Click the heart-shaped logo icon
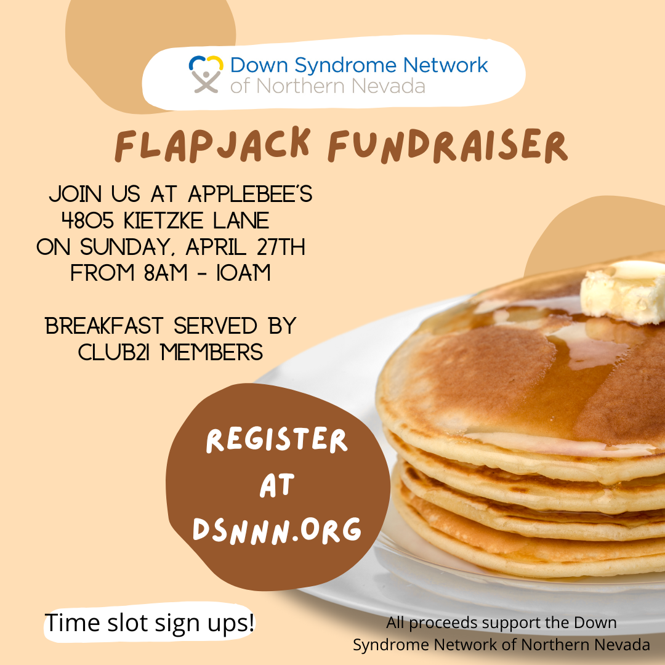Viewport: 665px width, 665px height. pyautogui.click(x=206, y=73)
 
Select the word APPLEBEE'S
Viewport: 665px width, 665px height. pyautogui.click(x=250, y=195)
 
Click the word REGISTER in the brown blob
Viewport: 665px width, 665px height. pyautogui.click(x=277, y=441)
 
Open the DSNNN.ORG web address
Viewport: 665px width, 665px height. pyautogui.click(x=277, y=530)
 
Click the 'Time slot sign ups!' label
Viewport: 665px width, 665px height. pyautogui.click(x=150, y=623)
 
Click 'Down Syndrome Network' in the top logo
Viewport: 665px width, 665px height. pyautogui.click(x=359, y=65)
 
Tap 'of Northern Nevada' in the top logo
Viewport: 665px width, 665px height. pyautogui.click(x=328, y=86)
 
